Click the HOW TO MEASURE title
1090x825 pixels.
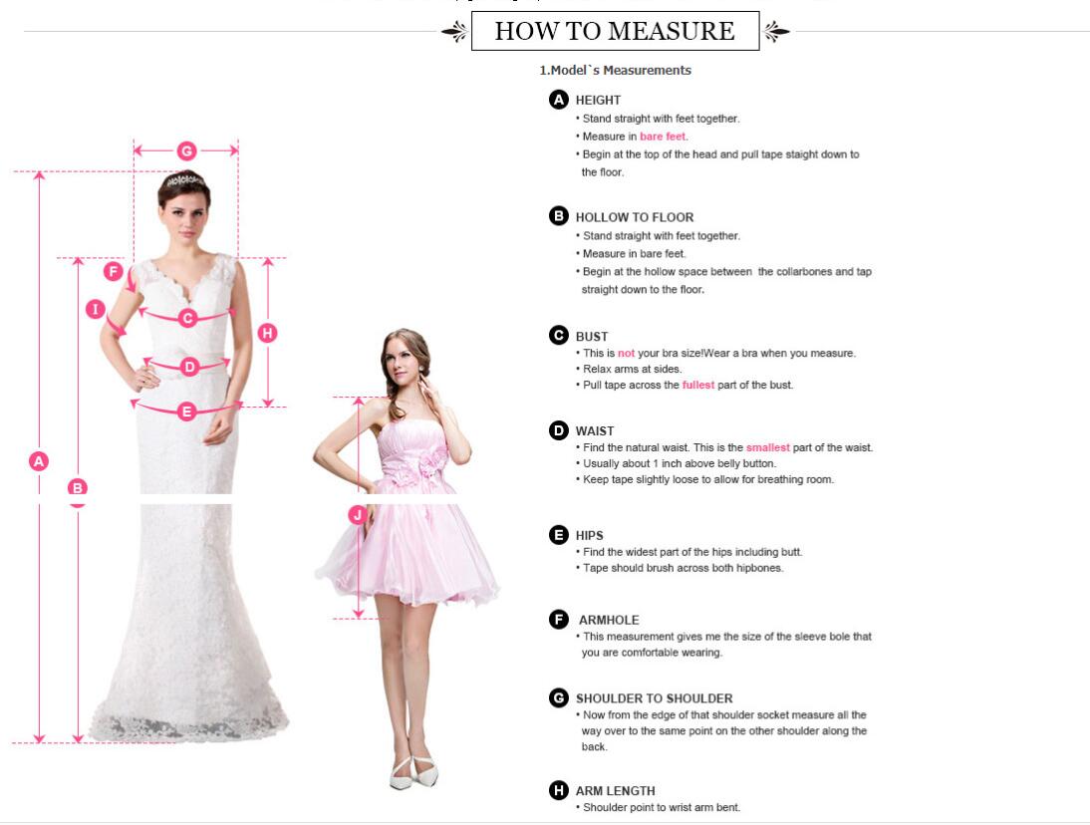coord(615,31)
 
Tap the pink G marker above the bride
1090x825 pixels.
coord(186,150)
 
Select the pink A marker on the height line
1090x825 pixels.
coord(39,460)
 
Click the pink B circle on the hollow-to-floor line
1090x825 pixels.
coord(77,488)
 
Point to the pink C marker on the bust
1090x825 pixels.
coord(187,318)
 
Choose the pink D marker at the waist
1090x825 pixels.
coord(189,367)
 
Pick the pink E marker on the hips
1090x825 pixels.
coord(186,412)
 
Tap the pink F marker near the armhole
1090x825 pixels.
coord(114,271)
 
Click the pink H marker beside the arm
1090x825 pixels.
coord(268,333)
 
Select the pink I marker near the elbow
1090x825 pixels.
coord(96,309)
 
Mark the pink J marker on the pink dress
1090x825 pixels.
coord(358,514)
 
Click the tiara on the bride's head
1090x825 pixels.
coord(184,180)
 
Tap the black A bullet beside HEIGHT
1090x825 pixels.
coord(558,100)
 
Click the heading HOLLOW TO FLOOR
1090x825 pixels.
coord(634,217)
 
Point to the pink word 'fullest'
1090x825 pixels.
coord(697,385)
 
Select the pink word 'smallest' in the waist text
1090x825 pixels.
coord(767,447)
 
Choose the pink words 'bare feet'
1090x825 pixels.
coord(663,137)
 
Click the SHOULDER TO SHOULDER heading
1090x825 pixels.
coord(655,698)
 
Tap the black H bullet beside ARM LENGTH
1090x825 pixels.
coord(558,790)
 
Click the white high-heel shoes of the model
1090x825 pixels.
coord(413,772)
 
